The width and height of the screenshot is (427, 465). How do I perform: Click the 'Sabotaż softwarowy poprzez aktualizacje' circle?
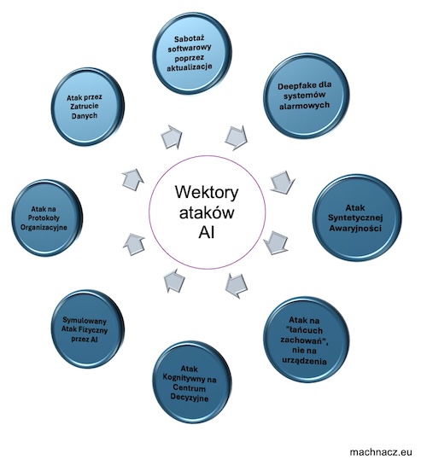192,54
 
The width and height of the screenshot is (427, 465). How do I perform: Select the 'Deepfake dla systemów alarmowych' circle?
307,96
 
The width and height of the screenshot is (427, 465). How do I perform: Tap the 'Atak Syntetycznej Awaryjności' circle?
357,218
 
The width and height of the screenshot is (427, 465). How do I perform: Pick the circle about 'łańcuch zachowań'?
307,340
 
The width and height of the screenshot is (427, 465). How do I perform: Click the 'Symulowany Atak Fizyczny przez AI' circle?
88,329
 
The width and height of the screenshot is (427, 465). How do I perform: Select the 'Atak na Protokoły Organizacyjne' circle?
47,218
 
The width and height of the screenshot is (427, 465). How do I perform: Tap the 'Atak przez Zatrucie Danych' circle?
88,107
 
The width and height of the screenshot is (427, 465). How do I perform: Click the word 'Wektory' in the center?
207,192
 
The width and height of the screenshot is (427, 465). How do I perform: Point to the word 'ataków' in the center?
207,212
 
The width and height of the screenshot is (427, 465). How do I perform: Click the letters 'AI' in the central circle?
206,232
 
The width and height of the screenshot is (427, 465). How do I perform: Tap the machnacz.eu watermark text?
381,452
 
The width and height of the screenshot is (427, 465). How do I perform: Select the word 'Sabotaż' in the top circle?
190,39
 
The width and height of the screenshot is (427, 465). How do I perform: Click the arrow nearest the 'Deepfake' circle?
237,137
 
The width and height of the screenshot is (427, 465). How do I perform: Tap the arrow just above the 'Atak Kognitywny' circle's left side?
174,281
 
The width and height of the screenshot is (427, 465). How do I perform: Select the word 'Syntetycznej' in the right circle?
355,218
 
